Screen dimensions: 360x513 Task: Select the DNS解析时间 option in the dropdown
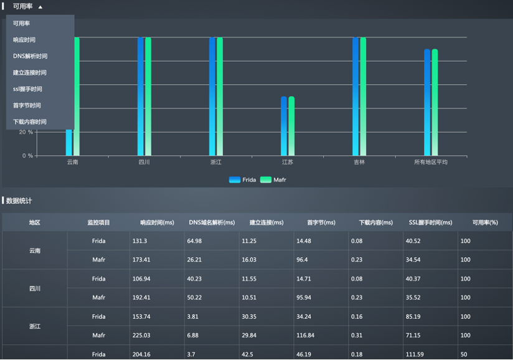pos(30,56)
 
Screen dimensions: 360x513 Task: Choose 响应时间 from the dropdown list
pos(24,40)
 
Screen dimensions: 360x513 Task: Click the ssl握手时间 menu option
pos(28,89)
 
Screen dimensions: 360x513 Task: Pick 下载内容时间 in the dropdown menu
pos(30,122)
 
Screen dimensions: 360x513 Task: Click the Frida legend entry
pos(243,179)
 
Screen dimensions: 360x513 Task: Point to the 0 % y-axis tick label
pos(27,156)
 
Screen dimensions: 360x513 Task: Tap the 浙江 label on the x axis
pos(216,162)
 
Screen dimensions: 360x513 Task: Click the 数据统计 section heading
pos(19,201)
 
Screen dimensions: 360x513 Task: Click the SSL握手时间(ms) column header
pos(430,222)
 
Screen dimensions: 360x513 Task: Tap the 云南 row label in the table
pos(35,250)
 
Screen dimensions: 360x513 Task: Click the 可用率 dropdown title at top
pos(23,6)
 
